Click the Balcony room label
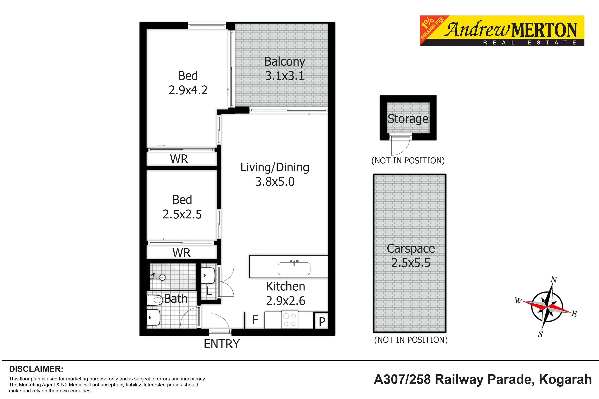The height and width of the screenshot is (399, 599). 285,62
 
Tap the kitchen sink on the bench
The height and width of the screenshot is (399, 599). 294,268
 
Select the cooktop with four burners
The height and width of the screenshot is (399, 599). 290,320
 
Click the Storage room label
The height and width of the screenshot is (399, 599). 408,119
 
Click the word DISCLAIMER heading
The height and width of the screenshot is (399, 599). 36,369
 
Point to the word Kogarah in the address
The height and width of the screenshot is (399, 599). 565,379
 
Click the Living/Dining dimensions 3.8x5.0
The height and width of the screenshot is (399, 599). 275,182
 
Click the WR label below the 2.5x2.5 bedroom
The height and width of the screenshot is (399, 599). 181,253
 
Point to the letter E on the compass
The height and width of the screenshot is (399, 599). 574,314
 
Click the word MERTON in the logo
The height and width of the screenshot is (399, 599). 544,30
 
